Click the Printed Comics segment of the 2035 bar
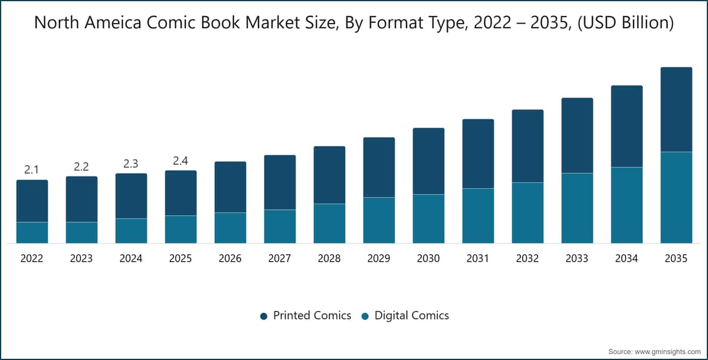[x=676, y=109]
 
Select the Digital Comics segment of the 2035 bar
[x=676, y=198]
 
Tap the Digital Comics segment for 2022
[x=32, y=233]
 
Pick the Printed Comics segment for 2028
[x=329, y=175]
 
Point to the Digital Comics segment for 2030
[x=428, y=219]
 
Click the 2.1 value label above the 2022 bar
[x=31, y=170]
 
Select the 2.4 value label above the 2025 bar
[x=181, y=161]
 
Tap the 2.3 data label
[x=130, y=163]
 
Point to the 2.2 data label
[x=81, y=166]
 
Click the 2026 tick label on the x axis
[x=230, y=258]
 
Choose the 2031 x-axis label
[x=477, y=258]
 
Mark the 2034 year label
[x=627, y=258]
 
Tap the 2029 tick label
[x=379, y=258]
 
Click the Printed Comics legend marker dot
[x=264, y=316]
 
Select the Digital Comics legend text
[x=412, y=315]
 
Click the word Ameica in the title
[x=113, y=23]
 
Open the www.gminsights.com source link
[x=667, y=352]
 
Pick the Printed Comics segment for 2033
[x=577, y=135]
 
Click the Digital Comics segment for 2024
[x=131, y=231]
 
